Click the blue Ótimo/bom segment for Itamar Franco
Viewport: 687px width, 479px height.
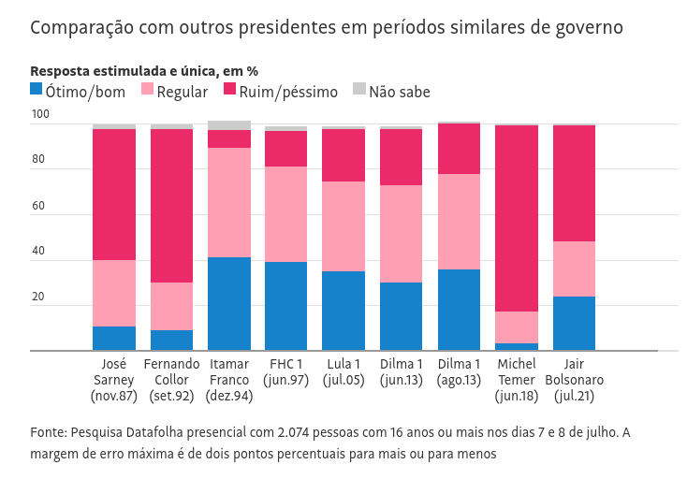coord(229,304)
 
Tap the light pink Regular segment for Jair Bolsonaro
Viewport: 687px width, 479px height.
coord(574,269)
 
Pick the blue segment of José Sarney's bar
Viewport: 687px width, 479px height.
coord(114,339)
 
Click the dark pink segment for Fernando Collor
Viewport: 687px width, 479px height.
coord(171,206)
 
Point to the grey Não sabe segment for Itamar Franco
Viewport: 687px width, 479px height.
coord(229,125)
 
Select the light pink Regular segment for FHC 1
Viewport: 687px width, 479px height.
coord(286,214)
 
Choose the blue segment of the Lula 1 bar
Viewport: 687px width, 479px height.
coord(343,311)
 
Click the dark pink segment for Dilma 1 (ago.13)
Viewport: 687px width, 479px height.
coord(459,149)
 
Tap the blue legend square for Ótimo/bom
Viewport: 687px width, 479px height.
coord(37,90)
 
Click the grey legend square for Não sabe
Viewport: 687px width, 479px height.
coord(358,90)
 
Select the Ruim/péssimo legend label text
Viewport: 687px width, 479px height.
coord(288,92)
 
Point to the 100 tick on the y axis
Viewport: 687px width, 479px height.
coord(39,115)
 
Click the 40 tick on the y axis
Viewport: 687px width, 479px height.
coord(38,252)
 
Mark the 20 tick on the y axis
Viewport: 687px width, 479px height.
coord(38,298)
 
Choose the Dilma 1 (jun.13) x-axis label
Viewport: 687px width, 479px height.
coord(402,372)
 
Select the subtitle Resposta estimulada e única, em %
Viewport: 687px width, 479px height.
coord(144,71)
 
